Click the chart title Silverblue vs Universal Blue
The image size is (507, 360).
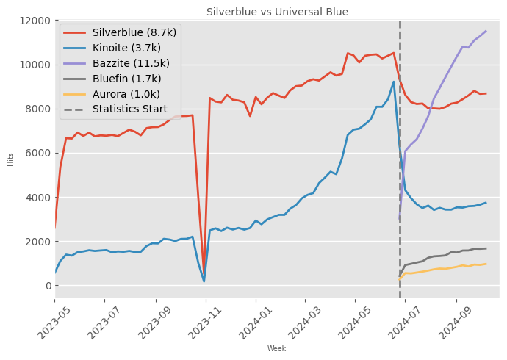click(277, 12)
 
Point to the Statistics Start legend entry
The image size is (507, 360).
click(129, 109)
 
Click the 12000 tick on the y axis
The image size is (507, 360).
click(32, 21)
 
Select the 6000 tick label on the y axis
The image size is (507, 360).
click(35, 153)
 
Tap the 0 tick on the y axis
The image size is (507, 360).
click(45, 285)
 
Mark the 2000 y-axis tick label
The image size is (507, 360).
click(35, 241)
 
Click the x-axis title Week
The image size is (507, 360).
click(276, 348)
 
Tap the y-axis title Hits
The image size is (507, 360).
click(11, 159)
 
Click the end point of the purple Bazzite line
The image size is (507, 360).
click(486, 31)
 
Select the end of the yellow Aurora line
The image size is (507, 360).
click(486, 264)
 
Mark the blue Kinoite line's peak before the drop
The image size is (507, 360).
click(394, 82)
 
